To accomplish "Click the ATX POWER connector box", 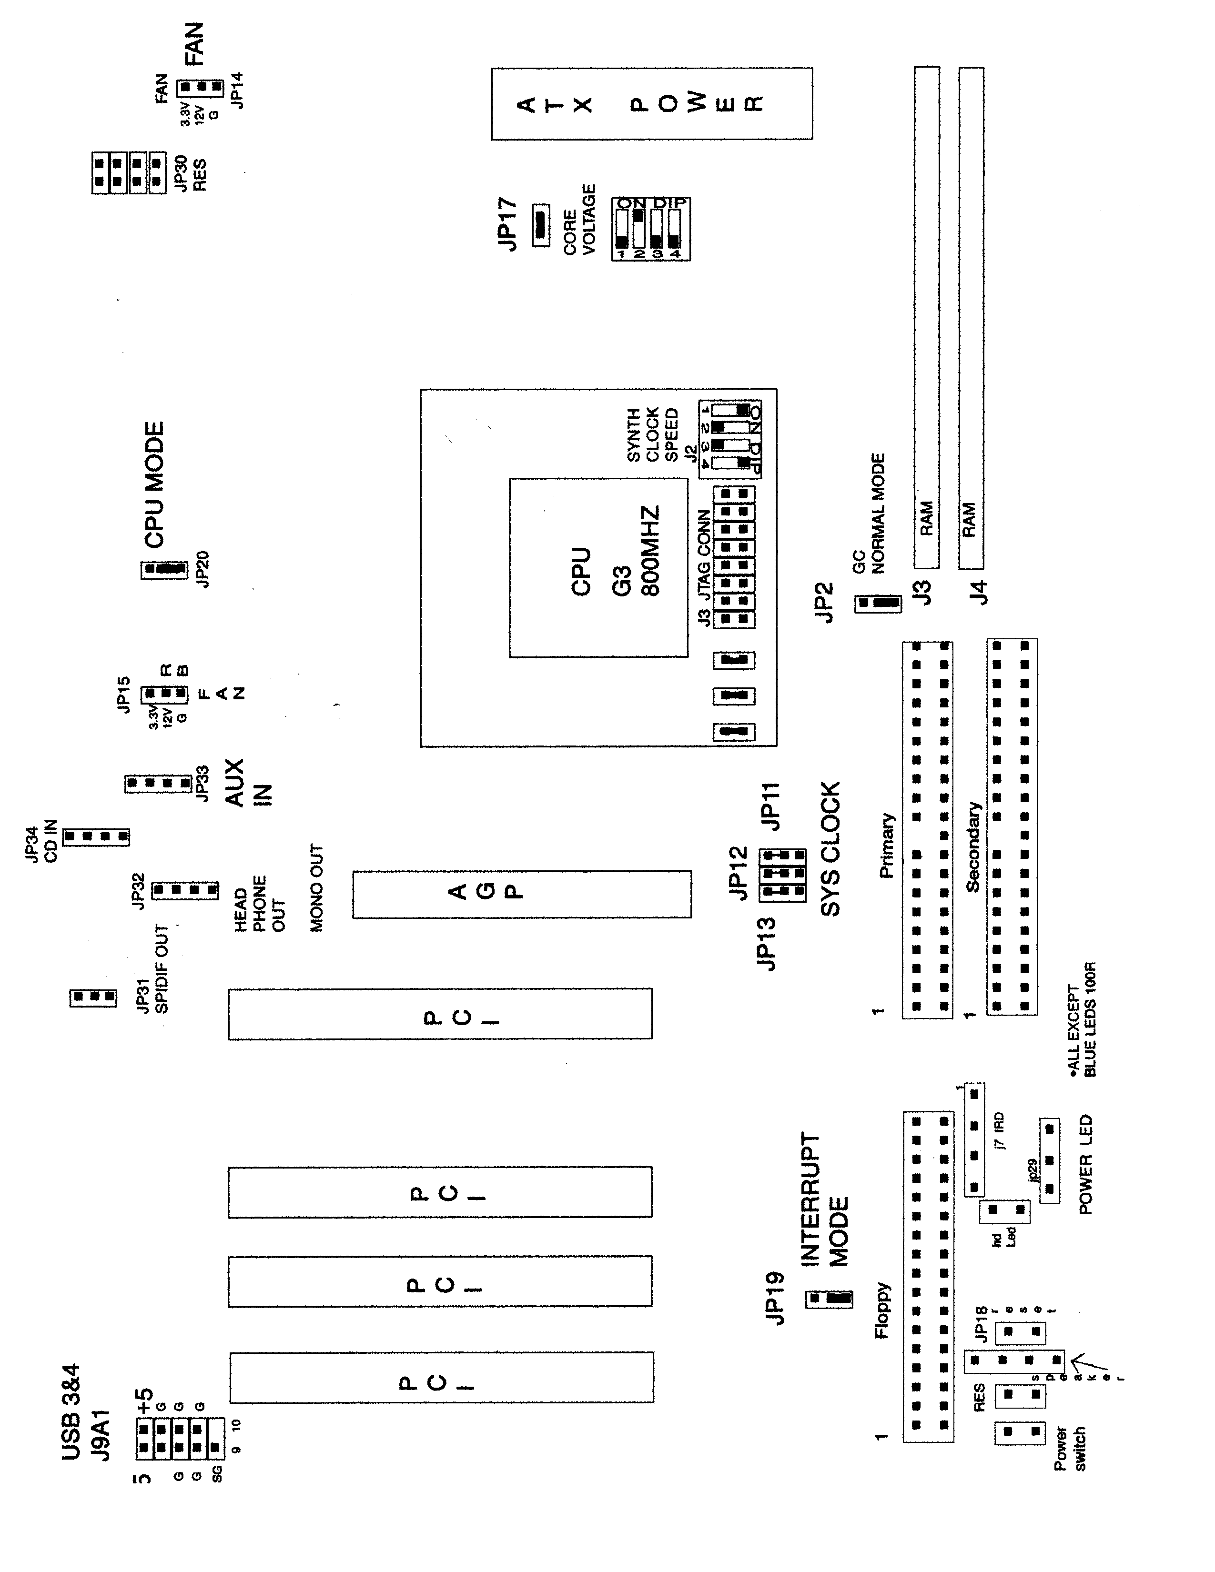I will click(651, 104).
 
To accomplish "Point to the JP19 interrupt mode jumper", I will click(829, 1299).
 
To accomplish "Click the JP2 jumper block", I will click(877, 603).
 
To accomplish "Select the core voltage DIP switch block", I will click(651, 228).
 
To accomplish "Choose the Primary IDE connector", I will click(928, 828).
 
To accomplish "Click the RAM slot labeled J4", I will click(972, 317).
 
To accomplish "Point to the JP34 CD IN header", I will click(96, 837).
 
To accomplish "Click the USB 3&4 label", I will click(71, 1411).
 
